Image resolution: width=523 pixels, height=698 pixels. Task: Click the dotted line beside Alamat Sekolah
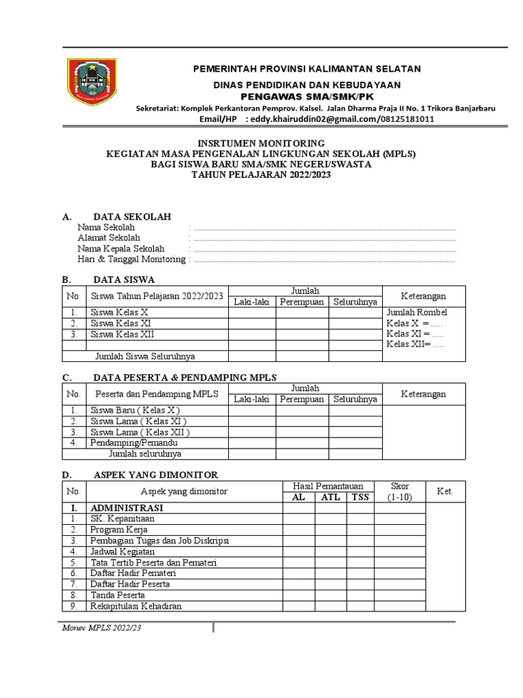325,239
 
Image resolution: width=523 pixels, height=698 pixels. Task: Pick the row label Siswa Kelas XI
121,324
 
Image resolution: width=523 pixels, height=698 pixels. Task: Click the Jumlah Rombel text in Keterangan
417,313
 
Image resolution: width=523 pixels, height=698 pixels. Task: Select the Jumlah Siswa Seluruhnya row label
150,356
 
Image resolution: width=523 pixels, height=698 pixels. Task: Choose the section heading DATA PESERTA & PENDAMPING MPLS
185,378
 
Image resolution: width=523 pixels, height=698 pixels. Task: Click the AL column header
298,497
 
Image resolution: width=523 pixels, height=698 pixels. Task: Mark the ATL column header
330,497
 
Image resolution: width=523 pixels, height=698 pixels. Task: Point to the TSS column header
360,497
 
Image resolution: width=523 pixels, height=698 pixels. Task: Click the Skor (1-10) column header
399,491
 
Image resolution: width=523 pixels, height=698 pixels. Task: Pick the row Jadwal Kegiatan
123,551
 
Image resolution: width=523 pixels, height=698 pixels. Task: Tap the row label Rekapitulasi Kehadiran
136,606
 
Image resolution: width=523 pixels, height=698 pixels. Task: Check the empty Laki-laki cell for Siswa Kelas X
252,313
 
